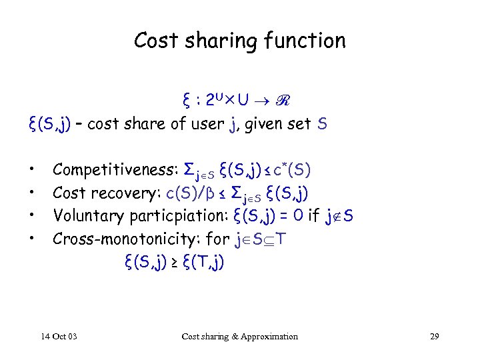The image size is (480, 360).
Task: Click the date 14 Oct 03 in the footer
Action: tap(59, 336)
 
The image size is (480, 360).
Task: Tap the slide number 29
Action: tap(434, 336)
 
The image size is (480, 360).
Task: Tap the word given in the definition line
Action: tap(268, 124)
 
